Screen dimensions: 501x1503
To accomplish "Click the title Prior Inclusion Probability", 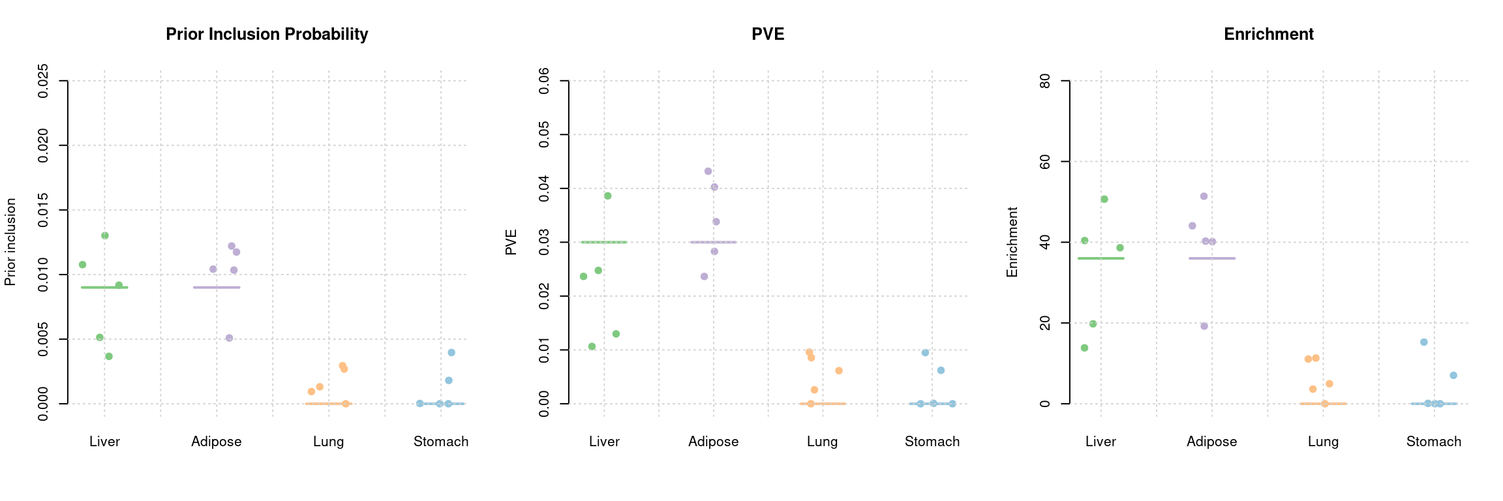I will (267, 35).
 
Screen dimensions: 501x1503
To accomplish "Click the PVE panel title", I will (768, 35).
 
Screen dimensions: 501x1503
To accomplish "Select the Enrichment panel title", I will (1268, 35).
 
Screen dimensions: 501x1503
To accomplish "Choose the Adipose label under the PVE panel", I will (713, 442).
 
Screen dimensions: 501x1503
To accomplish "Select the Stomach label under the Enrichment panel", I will (1433, 442).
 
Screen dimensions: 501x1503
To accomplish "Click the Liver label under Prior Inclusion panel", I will (104, 442).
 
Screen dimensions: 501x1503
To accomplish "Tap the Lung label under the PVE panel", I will (822, 442).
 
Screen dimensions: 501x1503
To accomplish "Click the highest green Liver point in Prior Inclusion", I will (105, 235).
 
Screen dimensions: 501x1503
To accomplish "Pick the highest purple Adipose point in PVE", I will (708, 172).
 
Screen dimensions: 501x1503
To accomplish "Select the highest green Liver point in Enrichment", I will (1104, 199).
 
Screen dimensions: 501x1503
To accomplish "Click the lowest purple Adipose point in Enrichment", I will (1204, 326).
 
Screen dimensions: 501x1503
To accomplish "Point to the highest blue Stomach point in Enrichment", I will (1424, 342).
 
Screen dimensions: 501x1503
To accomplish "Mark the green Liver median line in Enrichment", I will (1101, 258).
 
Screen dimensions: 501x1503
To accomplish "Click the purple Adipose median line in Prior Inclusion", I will (217, 287).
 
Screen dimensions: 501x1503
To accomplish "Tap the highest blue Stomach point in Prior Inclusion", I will (451, 352).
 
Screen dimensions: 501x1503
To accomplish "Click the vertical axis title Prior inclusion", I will (10, 242).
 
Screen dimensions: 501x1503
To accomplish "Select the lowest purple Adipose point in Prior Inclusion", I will (229, 338).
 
